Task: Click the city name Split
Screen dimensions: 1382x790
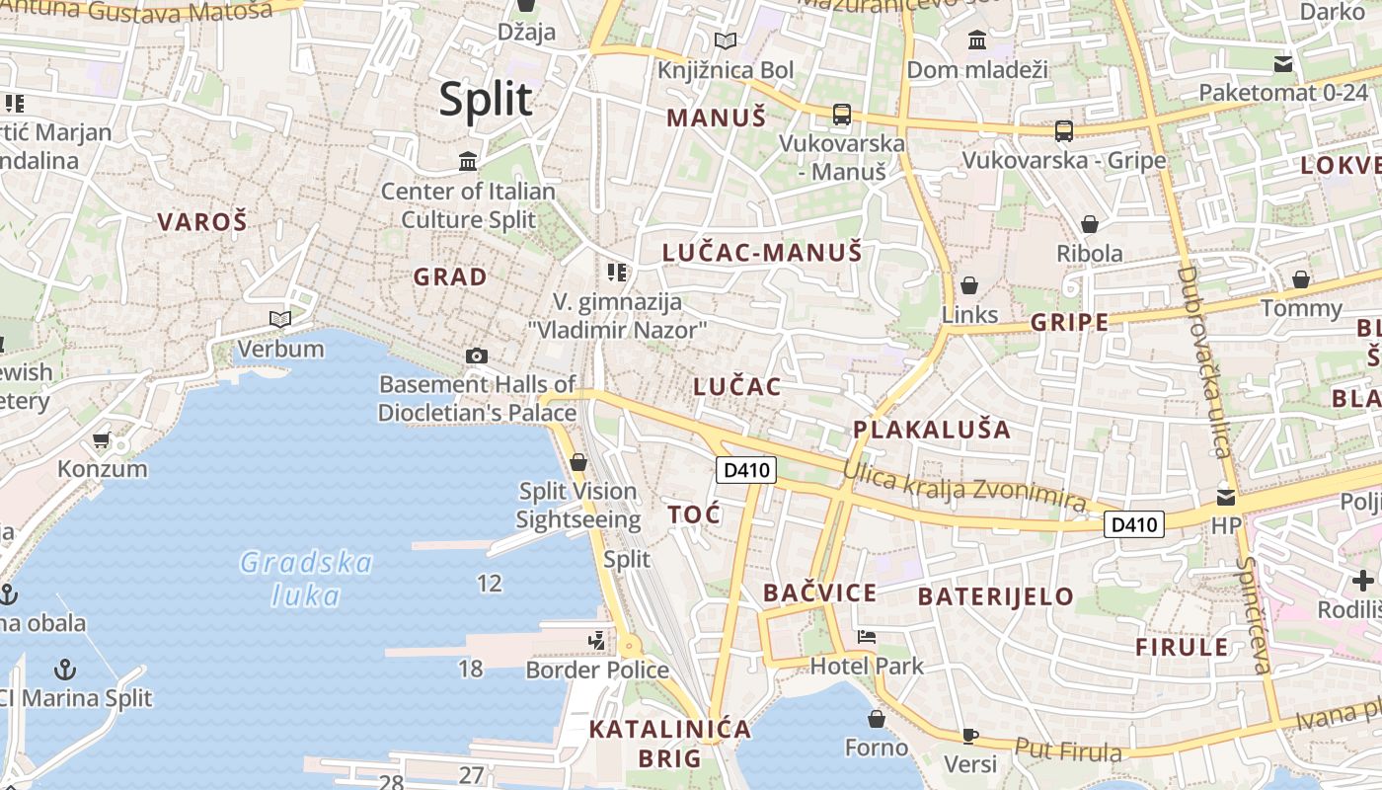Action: [486, 100]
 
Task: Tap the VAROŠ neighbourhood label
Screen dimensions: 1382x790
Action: [201, 222]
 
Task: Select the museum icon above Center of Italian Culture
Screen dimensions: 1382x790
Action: [468, 161]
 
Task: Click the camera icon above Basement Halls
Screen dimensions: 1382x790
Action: [477, 355]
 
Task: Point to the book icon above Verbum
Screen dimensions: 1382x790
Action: [280, 319]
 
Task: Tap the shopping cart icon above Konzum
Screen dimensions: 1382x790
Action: [101, 439]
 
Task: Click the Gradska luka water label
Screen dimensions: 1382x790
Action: [306, 579]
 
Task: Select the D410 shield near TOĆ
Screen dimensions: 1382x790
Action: [746, 470]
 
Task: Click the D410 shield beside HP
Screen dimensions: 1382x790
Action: [1133, 524]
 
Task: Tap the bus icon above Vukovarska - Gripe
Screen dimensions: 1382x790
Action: [1064, 130]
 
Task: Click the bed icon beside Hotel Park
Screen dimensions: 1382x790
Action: [867, 637]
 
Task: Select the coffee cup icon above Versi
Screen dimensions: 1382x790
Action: [970, 735]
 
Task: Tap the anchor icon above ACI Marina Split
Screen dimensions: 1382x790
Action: [64, 670]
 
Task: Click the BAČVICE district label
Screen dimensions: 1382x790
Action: [819, 592]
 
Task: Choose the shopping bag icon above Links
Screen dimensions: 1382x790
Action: [970, 285]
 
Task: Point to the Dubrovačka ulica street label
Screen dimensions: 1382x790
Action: [1204, 361]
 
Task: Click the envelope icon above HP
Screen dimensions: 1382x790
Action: [1226, 497]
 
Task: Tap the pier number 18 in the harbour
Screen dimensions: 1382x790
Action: [471, 669]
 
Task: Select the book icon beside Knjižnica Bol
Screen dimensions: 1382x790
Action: [726, 41]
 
